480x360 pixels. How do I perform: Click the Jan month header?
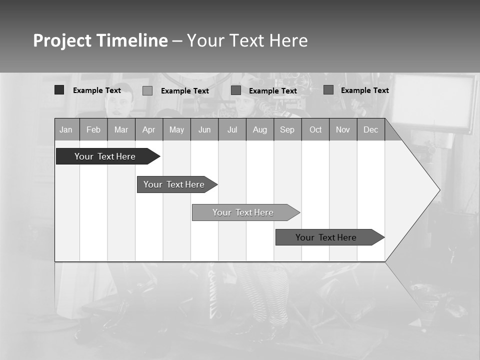point(66,130)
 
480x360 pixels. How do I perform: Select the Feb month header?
point(93,130)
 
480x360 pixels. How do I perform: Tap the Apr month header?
point(148,130)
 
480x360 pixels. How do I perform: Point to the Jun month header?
point(204,130)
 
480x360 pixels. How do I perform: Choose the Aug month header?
point(259,130)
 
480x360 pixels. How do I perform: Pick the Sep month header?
point(287,130)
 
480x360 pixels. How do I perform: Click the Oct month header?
point(315,130)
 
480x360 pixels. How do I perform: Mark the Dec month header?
point(370,130)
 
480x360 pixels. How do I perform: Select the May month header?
point(176,130)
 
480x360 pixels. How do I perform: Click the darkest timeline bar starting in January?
point(105,156)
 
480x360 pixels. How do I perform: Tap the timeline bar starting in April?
point(174,184)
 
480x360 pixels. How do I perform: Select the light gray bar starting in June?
point(243,212)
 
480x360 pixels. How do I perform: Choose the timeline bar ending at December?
point(326,237)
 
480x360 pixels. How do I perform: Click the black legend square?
point(59,90)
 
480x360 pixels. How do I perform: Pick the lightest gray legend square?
point(147,90)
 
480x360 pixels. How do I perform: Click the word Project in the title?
point(62,40)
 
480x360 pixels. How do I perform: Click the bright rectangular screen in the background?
point(432,102)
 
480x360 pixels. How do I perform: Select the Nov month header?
point(343,130)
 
